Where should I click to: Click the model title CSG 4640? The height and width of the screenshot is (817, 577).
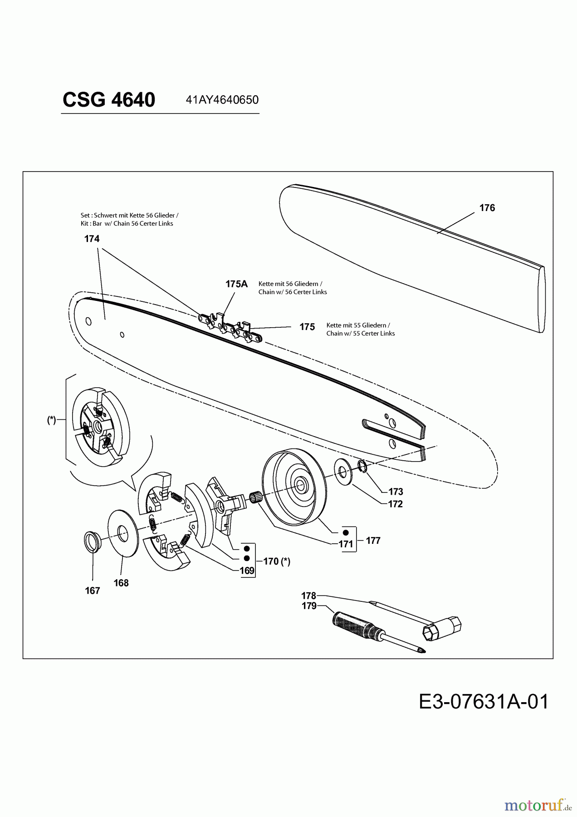pos(109,99)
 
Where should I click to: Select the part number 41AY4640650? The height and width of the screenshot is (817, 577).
pos(222,100)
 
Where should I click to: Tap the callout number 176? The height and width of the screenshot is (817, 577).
pos(487,208)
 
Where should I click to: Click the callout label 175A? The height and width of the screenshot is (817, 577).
pos(236,284)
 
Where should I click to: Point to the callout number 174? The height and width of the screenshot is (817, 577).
pos(92,239)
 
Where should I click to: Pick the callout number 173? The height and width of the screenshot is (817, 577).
pos(396,492)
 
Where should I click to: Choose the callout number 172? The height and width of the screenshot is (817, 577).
pos(395,504)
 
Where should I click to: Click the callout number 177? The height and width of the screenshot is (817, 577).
pos(373,541)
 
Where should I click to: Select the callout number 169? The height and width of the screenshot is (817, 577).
pos(247,571)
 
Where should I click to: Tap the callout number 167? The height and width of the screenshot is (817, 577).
pos(93,591)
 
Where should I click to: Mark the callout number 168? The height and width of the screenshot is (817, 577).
pos(121,583)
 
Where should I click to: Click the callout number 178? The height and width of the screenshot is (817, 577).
pos(308,596)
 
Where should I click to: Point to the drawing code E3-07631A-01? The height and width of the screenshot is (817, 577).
pos(484,702)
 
